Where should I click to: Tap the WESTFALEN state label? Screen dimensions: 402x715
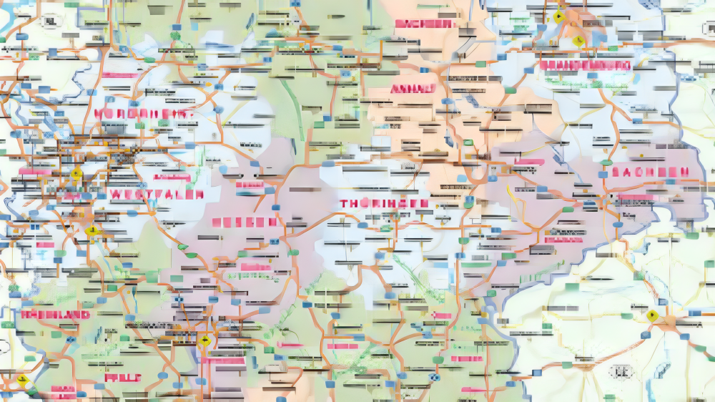coord(157,194)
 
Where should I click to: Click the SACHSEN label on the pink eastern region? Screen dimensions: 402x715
coord(650,172)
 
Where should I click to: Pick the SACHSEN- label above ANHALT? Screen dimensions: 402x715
coord(424,24)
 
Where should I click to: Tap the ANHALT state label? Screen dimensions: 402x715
coord(413,89)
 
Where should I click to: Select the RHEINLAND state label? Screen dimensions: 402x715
coord(55,314)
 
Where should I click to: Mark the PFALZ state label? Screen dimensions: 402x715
coord(122,377)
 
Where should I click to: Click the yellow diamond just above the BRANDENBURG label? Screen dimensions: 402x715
coord(577,41)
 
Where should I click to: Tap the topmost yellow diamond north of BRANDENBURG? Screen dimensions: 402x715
coord(558,15)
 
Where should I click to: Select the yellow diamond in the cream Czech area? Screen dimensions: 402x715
coord(651,315)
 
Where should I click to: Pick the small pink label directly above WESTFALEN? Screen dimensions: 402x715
coord(167,176)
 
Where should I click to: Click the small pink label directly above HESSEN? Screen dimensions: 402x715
coord(250,185)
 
